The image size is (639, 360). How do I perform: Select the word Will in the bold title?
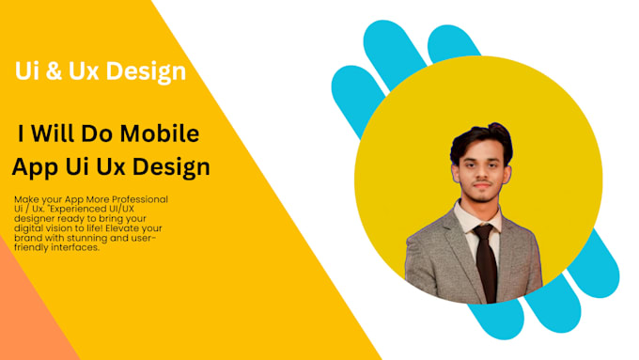(x=67, y=133)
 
